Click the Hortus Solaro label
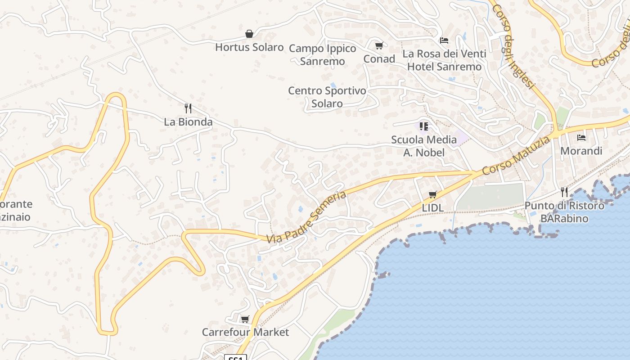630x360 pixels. click(249, 47)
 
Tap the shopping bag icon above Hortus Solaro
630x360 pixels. click(249, 34)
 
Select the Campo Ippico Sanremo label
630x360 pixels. click(322, 55)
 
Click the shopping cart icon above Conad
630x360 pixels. click(379, 45)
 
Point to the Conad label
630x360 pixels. click(379, 59)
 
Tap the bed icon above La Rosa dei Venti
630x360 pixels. click(444, 40)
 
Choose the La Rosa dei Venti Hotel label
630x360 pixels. click(444, 60)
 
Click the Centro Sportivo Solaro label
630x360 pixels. click(327, 97)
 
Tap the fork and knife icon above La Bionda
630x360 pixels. click(188, 108)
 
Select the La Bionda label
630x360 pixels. click(188, 122)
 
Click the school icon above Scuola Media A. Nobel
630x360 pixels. click(423, 126)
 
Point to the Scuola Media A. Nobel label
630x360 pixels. click(424, 146)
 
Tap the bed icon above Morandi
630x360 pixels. click(581, 137)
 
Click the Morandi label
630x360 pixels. click(581, 151)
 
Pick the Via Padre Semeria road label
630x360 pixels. click(306, 217)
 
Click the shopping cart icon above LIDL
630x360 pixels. click(432, 194)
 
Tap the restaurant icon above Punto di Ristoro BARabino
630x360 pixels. click(564, 192)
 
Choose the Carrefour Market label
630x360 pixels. click(245, 333)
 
